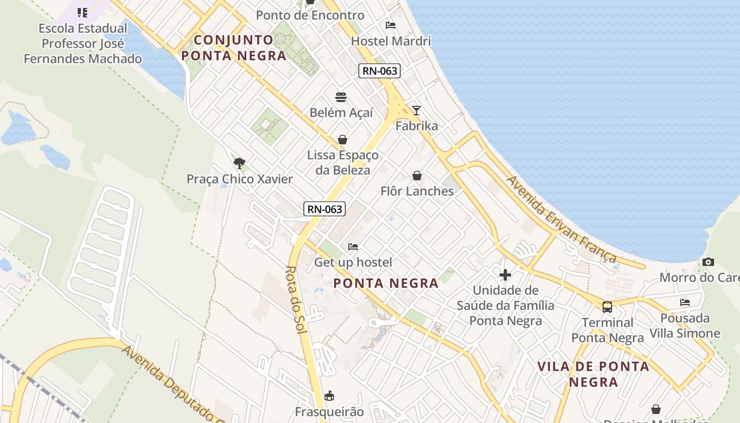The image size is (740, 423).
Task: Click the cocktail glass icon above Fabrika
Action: tap(417, 110)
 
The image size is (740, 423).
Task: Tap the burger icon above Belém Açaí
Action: tap(341, 97)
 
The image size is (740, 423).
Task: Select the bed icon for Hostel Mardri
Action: tap(391, 25)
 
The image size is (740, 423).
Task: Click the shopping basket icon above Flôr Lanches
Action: tap(417, 175)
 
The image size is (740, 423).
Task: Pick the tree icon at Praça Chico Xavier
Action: tap(239, 163)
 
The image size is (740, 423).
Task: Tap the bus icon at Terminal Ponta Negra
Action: tap(607, 307)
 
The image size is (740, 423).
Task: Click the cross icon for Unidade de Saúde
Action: tap(505, 274)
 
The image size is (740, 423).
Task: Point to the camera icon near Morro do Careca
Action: tap(708, 262)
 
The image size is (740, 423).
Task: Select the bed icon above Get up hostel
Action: tap(353, 246)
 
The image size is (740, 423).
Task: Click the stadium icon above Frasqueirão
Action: tap(329, 396)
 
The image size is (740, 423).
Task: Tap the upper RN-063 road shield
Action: tap(379, 71)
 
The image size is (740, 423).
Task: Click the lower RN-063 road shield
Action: tap(325, 209)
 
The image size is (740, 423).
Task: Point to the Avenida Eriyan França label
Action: tap(561, 219)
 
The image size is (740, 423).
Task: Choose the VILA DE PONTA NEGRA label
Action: tap(593, 374)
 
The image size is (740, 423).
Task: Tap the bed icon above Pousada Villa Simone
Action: tap(685, 302)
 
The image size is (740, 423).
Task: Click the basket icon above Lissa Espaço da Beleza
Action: tap(343, 140)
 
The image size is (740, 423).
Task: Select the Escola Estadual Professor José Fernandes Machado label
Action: tap(83, 43)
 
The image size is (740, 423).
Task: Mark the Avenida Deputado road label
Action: tap(169, 383)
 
